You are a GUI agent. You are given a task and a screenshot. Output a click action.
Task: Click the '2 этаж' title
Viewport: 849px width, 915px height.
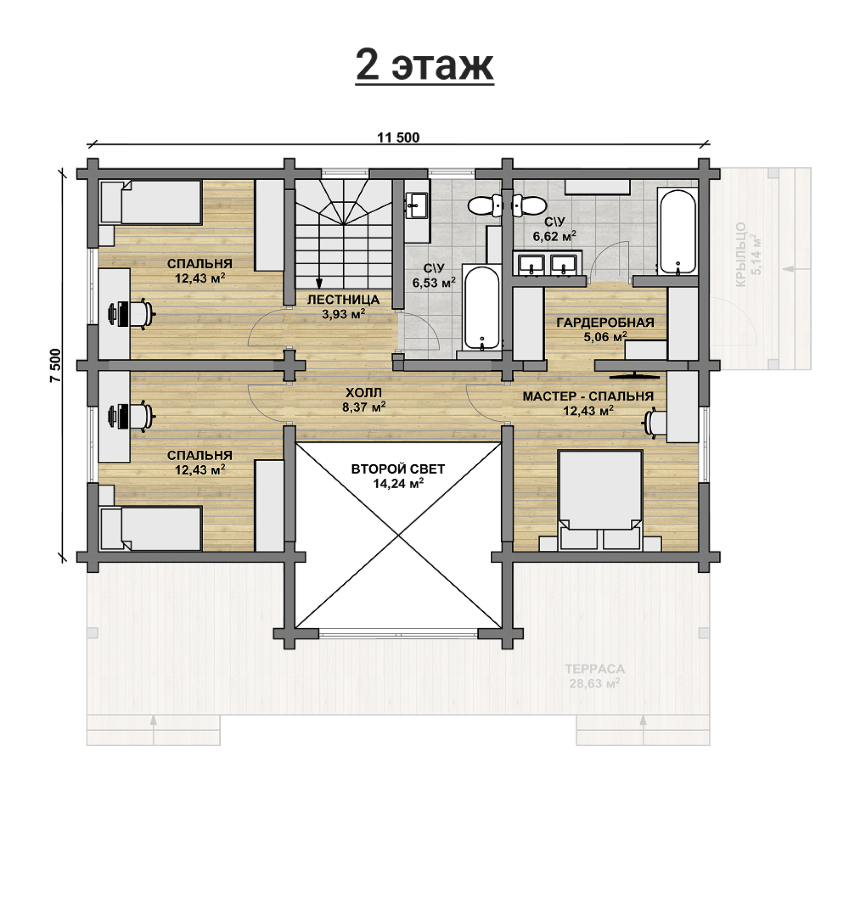pyautogui.click(x=424, y=65)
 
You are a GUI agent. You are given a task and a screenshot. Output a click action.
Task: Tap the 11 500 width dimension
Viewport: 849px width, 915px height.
pyautogui.click(x=398, y=137)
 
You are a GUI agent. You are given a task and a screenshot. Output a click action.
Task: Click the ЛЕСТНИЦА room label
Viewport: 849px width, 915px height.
pyautogui.click(x=343, y=300)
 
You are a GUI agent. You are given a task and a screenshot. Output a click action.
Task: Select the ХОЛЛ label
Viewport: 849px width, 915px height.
pyautogui.click(x=364, y=393)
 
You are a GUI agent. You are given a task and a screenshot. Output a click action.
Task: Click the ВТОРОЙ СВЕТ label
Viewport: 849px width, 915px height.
pyautogui.click(x=398, y=469)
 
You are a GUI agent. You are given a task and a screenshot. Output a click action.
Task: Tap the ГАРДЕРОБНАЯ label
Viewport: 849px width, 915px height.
pyautogui.click(x=605, y=323)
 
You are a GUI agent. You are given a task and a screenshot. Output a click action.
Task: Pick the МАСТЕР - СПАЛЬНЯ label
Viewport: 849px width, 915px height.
pyautogui.click(x=588, y=396)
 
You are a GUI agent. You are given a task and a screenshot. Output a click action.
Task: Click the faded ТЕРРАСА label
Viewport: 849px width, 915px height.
pyautogui.click(x=595, y=669)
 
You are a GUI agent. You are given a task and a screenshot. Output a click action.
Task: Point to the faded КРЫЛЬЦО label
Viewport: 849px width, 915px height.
pyautogui.click(x=741, y=255)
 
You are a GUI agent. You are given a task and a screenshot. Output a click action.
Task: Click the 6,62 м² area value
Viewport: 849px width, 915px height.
pyautogui.click(x=555, y=236)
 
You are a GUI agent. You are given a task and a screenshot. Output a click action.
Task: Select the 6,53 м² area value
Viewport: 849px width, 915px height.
pyautogui.click(x=433, y=283)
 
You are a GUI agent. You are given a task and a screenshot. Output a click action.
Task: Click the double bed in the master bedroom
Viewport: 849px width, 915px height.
pyautogui.click(x=600, y=500)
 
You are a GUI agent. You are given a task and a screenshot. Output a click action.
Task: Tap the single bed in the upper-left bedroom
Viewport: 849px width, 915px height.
pyautogui.click(x=151, y=202)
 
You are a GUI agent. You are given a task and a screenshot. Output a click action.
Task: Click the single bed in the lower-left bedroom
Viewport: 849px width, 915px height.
pyautogui.click(x=151, y=528)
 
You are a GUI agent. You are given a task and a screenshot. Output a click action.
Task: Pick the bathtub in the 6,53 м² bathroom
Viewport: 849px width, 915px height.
pyautogui.click(x=481, y=307)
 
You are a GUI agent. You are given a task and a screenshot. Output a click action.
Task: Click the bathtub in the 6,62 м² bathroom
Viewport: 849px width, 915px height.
pyautogui.click(x=677, y=231)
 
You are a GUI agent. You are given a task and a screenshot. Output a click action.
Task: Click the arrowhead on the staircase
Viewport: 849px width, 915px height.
pyautogui.click(x=319, y=283)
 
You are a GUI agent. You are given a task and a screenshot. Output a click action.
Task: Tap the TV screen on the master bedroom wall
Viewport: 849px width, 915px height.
pyautogui.click(x=636, y=374)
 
